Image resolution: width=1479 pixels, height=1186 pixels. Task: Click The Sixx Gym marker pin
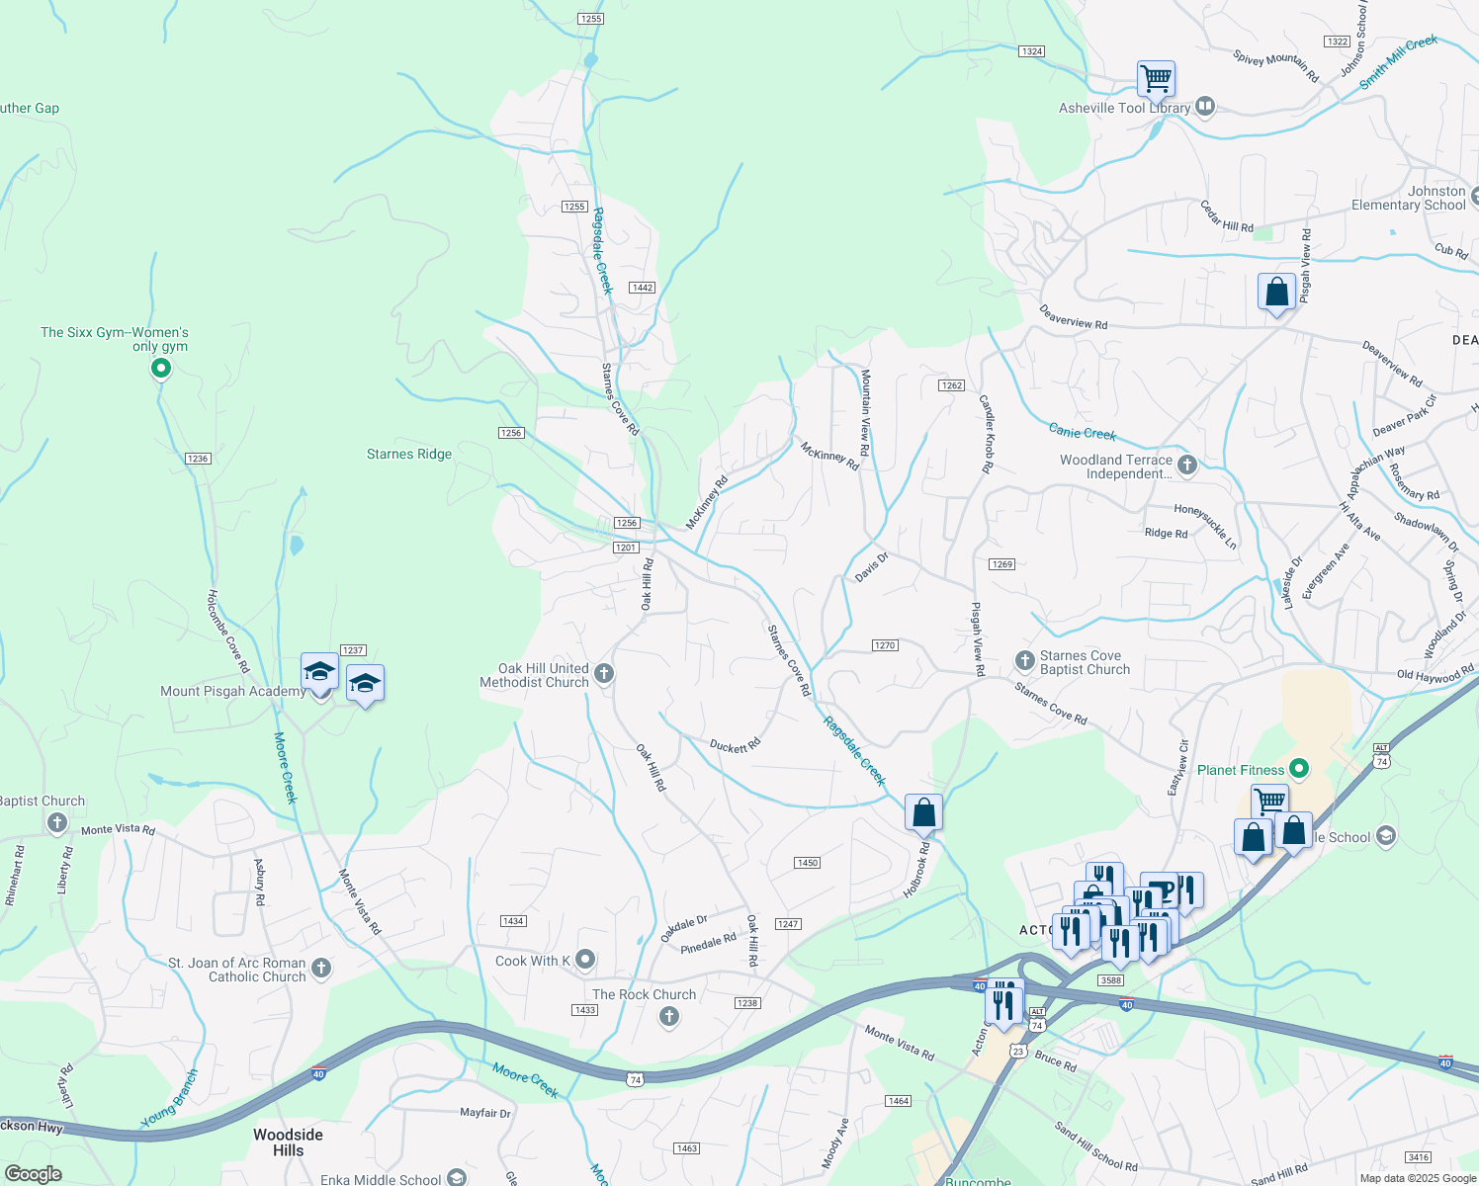[x=160, y=369]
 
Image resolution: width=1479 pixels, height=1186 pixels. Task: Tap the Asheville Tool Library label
[x=1124, y=108]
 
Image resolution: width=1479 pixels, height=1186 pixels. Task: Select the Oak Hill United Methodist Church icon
[x=604, y=674]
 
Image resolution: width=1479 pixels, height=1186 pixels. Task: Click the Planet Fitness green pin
[x=1300, y=768]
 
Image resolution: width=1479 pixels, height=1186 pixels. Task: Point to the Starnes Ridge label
[x=409, y=455]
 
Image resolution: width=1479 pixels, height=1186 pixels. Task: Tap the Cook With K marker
[x=585, y=959]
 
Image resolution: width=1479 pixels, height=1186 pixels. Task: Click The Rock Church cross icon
[x=669, y=1016]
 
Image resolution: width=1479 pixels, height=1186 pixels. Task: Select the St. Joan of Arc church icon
[x=321, y=968]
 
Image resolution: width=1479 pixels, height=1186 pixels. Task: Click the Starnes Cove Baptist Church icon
[x=1024, y=659]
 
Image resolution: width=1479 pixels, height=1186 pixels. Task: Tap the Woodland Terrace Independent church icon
[x=1187, y=465]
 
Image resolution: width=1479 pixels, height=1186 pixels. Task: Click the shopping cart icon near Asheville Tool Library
[x=1155, y=78]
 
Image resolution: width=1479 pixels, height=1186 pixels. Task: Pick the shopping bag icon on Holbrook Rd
[x=923, y=814]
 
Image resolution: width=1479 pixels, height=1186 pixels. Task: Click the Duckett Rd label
[x=735, y=745]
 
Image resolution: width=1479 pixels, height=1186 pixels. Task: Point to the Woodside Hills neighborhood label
[x=288, y=1142]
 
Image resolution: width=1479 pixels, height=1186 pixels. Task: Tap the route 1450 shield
[x=807, y=863]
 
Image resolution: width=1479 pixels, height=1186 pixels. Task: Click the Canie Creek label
[x=1083, y=432]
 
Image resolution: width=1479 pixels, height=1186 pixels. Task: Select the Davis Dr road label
[x=872, y=566]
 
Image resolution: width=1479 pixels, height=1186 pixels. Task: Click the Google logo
[x=34, y=1174]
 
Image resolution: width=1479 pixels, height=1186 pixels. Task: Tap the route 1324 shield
[x=1031, y=51]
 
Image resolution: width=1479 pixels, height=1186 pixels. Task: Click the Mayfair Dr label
[x=485, y=1113]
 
